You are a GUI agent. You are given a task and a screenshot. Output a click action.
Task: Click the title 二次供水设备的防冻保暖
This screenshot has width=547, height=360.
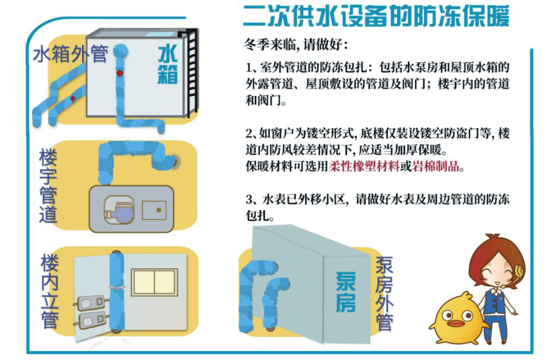376,15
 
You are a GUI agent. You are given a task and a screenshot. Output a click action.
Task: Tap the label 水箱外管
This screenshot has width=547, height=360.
70,54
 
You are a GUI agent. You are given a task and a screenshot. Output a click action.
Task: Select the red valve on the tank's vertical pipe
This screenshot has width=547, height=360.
120,73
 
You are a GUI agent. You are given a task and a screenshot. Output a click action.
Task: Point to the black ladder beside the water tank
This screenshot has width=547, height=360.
191,72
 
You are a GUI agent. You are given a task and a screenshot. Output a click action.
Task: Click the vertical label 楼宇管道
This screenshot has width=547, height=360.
48,186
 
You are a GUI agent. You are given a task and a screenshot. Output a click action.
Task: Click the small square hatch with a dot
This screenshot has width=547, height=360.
154,210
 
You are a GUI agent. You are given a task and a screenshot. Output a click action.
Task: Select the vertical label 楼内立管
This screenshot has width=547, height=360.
49,291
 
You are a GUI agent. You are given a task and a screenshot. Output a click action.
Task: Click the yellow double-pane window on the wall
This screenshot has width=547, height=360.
154,282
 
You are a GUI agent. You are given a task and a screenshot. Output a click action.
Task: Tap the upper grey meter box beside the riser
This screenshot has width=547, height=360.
90,303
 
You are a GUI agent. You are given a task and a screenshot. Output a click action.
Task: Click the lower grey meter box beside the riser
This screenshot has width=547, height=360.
91,321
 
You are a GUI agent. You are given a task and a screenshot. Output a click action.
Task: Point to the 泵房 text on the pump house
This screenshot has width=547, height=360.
345,292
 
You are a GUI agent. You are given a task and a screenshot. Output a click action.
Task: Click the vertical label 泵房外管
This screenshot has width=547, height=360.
384,293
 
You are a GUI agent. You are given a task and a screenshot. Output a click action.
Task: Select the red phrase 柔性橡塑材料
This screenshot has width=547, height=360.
364,166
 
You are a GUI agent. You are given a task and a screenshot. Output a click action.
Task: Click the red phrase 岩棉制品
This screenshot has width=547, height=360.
436,166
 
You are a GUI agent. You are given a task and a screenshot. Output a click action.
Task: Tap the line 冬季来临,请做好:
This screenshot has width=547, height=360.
296,44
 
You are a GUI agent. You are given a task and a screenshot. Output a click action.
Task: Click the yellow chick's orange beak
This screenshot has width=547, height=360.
454,324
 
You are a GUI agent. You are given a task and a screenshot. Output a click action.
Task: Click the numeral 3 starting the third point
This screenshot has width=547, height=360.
248,200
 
